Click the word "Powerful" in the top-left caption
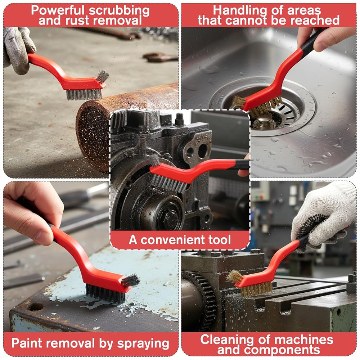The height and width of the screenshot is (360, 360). [58, 10]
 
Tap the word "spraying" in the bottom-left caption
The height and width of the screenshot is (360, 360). [143, 344]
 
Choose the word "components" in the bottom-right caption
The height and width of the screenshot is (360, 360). [269, 350]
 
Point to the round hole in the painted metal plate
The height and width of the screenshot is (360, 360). [35, 306]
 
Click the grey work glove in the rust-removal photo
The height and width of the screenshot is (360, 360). [18, 49]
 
